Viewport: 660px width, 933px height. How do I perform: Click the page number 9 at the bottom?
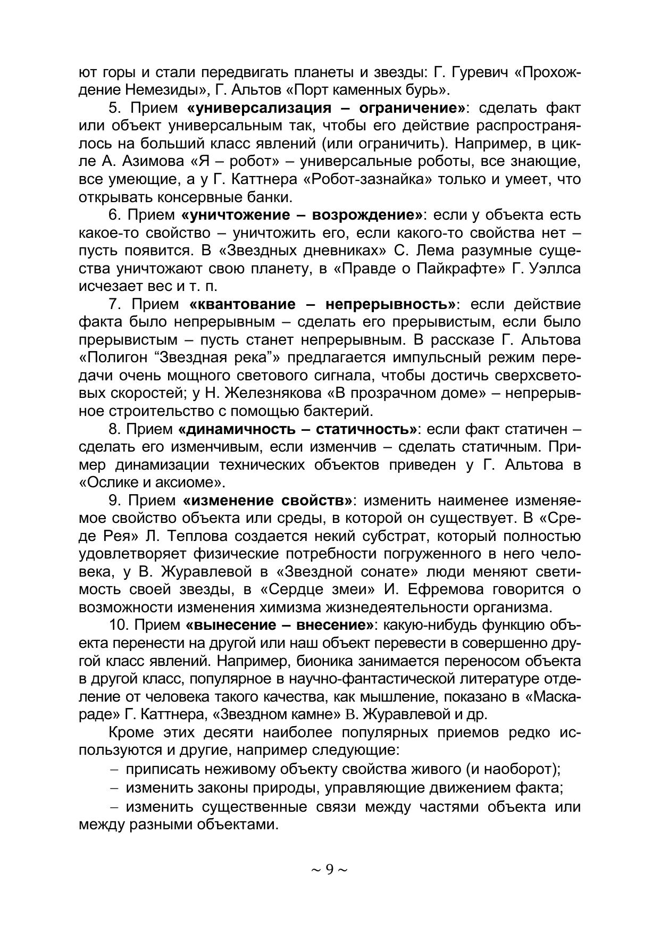[x=329, y=869]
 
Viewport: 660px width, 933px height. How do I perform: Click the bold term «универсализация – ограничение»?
[x=325, y=108]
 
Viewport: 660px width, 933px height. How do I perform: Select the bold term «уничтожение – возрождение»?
[x=302, y=215]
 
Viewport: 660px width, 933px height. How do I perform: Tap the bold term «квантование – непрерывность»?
[x=322, y=304]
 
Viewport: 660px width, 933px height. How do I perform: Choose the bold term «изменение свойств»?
[x=267, y=501]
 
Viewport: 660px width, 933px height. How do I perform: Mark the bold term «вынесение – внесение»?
[x=280, y=625]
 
